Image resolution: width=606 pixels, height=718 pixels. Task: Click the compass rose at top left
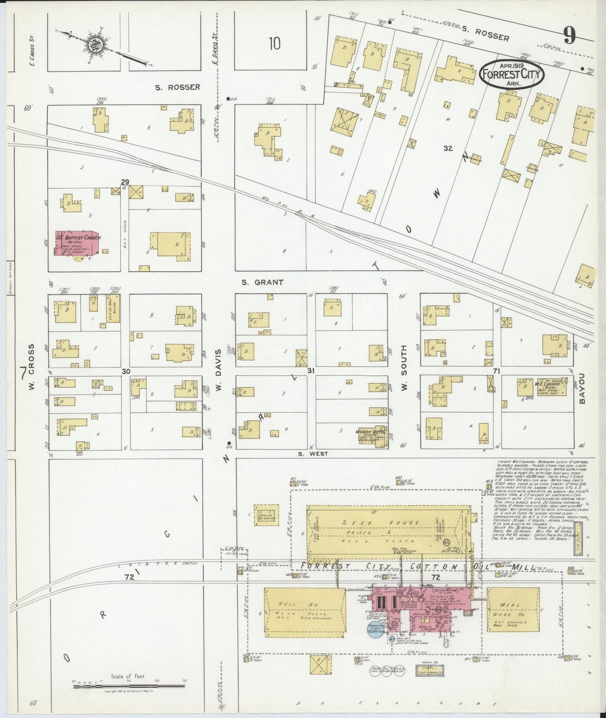click(x=93, y=43)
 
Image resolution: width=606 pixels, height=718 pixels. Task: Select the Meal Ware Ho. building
click(x=512, y=609)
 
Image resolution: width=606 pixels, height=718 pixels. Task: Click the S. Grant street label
click(x=262, y=282)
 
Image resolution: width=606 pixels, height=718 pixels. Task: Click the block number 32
click(x=448, y=148)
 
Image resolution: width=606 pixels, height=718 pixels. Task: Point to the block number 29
click(x=125, y=182)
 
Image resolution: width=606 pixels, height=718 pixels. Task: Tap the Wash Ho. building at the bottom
click(x=429, y=672)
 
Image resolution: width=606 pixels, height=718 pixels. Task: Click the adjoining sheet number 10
click(x=275, y=44)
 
